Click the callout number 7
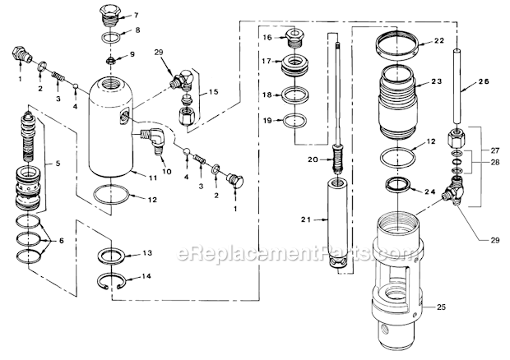coord(137,15)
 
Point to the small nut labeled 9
coord(110,60)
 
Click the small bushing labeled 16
coord(290,36)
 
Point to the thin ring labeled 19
coord(291,121)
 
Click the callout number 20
coord(311,158)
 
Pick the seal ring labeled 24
coord(399,187)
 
